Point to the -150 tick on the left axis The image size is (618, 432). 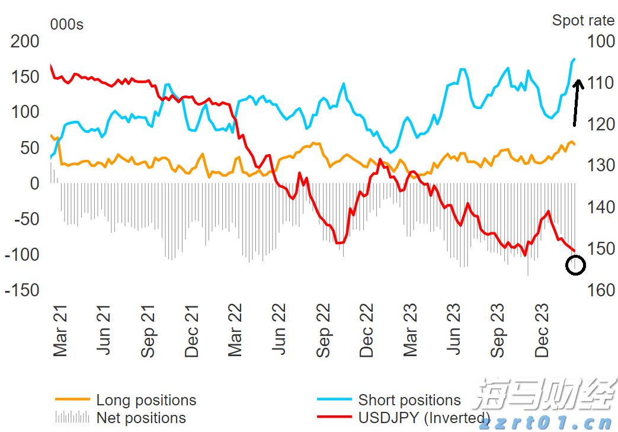coord(23,290)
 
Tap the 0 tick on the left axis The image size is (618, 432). coord(34,184)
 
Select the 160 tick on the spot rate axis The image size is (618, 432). coord(601,290)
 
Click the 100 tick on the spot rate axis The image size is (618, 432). coord(601,41)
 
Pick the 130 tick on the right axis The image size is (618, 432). coord(601,166)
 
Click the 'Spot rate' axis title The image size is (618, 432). coord(583,20)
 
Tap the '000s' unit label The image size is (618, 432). coord(67,24)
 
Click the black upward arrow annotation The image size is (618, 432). coord(577,102)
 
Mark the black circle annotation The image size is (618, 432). coord(576,265)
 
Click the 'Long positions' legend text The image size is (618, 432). coord(146,401)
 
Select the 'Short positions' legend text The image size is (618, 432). coord(409,401)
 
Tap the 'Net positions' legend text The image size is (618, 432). coord(141,418)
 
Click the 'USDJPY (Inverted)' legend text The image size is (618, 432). coord(424,418)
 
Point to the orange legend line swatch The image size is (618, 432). coord(72,401)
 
